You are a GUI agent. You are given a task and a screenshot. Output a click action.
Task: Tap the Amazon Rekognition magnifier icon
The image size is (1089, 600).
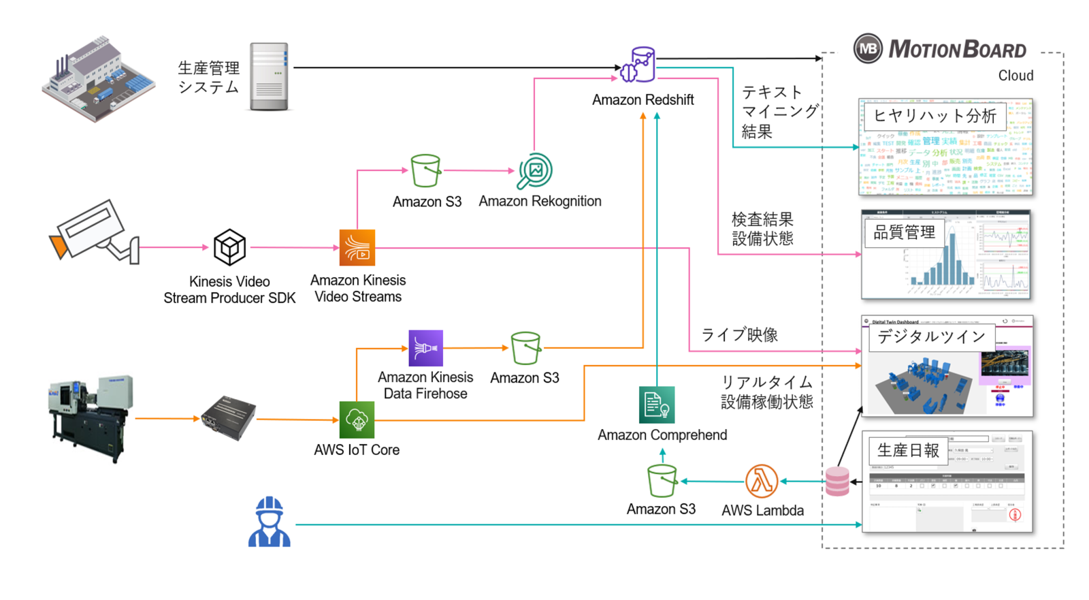[x=535, y=171]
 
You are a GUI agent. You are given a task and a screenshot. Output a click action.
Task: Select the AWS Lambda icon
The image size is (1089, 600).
[x=761, y=481]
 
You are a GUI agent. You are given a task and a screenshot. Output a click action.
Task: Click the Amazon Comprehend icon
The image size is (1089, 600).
[x=656, y=405]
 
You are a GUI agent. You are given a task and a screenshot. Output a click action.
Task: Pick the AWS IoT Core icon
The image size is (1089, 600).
[x=357, y=420]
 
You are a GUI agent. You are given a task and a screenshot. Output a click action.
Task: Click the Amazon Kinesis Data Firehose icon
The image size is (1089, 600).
[x=425, y=348]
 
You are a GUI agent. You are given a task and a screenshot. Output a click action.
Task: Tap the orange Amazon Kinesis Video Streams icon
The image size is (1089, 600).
[x=357, y=247]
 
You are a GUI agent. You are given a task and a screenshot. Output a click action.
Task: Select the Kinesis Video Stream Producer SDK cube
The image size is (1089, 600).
[x=229, y=247]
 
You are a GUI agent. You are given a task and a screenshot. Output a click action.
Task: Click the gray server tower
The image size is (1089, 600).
[x=269, y=76]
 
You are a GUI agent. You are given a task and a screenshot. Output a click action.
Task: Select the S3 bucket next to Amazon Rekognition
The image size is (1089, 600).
[x=426, y=170]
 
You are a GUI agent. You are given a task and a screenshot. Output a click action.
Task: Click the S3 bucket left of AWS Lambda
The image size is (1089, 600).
[x=662, y=481]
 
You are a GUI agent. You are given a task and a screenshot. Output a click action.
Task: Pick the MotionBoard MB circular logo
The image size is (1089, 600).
[x=868, y=49]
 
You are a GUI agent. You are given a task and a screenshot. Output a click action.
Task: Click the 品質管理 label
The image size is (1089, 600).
[x=904, y=233]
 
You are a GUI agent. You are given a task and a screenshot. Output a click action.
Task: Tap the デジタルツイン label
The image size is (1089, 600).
[x=930, y=337]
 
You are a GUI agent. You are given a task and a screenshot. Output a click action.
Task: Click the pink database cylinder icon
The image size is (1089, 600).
[x=837, y=481]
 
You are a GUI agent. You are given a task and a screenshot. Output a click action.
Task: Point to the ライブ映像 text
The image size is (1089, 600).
[x=739, y=335]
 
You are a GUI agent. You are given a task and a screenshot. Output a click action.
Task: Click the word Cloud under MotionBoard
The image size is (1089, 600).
[x=1015, y=76]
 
